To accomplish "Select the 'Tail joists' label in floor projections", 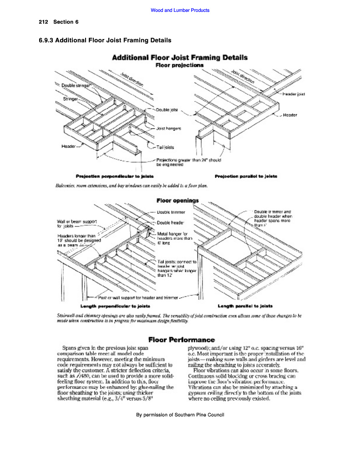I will (x=165, y=147).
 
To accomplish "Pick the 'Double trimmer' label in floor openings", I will (x=169, y=212).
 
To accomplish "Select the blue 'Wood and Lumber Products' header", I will (x=180, y=10).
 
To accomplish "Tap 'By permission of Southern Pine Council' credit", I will (x=180, y=415).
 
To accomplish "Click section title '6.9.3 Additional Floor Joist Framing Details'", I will (x=105, y=41).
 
